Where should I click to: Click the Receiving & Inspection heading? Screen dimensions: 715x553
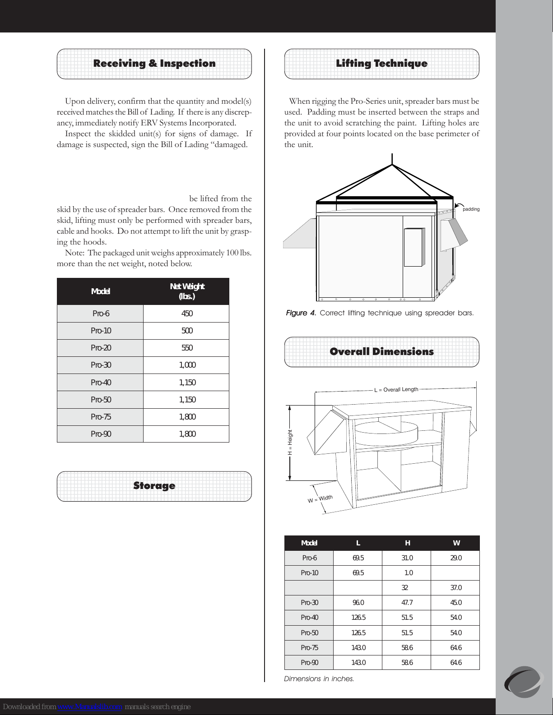[154, 64]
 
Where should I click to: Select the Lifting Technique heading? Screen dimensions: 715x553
[381, 64]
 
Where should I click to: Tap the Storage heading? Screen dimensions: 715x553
[154, 486]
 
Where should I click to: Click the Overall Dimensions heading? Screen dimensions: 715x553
[381, 352]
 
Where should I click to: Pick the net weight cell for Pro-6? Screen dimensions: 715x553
[186, 314]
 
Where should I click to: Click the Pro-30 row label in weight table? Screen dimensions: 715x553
[101, 365]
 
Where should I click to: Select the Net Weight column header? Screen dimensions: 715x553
[186, 291]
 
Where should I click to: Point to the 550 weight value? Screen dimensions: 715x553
[186, 348]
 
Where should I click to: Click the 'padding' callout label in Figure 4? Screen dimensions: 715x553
[471, 209]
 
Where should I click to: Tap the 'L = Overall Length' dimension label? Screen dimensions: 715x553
[396, 389]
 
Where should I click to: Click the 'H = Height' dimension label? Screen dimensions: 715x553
[290, 442]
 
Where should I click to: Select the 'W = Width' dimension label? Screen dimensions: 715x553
[320, 499]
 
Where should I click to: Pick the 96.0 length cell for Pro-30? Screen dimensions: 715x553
[358, 603]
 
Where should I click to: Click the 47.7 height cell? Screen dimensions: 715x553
[407, 603]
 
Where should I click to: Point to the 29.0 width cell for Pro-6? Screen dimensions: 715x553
[456, 558]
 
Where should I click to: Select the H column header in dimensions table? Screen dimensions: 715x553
[407, 543]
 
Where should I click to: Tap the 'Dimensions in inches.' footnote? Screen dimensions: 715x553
[319, 678]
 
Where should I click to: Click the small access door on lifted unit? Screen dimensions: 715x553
[413, 247]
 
